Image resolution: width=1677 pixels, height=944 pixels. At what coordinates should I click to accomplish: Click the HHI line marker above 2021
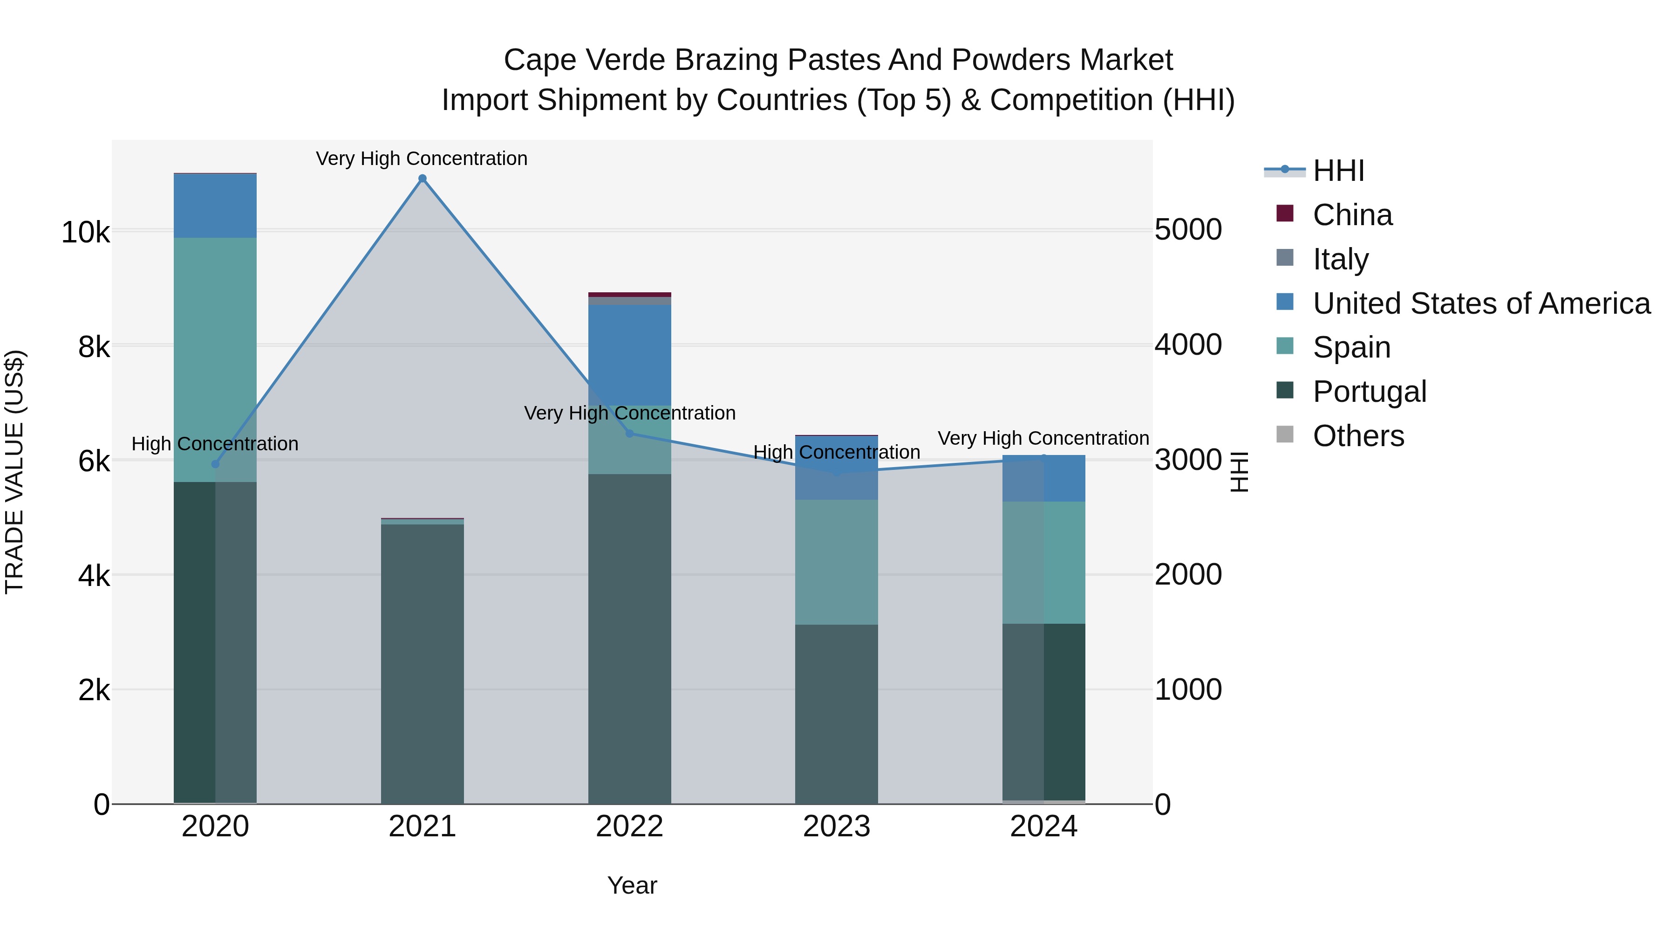tap(422, 179)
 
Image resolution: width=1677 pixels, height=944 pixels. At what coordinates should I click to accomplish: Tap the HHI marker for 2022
tap(629, 433)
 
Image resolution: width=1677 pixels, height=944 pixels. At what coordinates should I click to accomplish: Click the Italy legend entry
tap(1340, 259)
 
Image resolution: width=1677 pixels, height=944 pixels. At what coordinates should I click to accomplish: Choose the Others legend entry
tap(1358, 436)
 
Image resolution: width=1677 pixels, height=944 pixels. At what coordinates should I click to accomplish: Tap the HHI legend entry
tap(1338, 171)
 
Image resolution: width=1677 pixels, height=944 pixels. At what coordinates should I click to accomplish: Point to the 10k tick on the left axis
tap(85, 233)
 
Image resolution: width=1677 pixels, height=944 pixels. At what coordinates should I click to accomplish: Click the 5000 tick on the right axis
tap(1188, 230)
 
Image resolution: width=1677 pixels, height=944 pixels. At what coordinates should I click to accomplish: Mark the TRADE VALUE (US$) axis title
tap(15, 472)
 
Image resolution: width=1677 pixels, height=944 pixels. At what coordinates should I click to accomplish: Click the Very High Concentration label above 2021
tap(422, 158)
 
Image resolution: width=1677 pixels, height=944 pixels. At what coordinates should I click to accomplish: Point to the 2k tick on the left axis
tap(94, 690)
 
